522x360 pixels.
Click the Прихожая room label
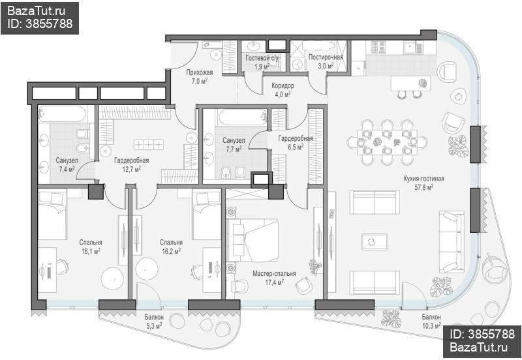[200, 72]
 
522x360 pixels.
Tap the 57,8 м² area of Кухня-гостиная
[423, 187]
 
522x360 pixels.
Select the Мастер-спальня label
[274, 274]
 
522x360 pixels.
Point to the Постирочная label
[326, 57]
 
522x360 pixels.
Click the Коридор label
[283, 86]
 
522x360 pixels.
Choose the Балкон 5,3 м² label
[154, 321]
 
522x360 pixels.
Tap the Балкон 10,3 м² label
[431, 321]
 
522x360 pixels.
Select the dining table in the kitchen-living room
[387, 142]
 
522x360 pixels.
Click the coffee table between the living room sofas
[375, 242]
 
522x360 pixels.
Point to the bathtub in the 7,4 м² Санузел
[61, 114]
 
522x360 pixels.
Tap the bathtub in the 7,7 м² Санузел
[242, 117]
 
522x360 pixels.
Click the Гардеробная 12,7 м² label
[132, 165]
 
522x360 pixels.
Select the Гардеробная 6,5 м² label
[296, 142]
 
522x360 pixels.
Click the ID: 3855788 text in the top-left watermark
[40, 23]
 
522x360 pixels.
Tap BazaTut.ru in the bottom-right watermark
[479, 348]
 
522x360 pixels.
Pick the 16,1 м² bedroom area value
[91, 250]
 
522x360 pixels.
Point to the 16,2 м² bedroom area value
[171, 250]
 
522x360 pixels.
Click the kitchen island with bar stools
[411, 83]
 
